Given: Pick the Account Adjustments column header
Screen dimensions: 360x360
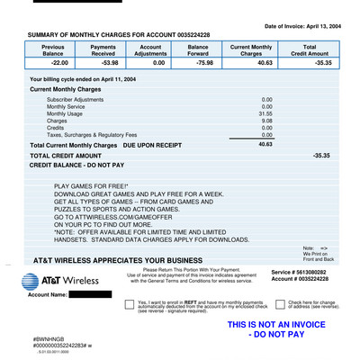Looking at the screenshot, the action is [x=150, y=49].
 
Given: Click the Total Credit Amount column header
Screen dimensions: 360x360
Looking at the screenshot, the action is [x=309, y=49].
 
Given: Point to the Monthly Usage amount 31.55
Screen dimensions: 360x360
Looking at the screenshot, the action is [x=265, y=113].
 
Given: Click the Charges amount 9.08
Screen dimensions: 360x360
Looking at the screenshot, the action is [x=266, y=121].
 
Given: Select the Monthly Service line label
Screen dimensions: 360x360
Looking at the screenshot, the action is [x=66, y=106].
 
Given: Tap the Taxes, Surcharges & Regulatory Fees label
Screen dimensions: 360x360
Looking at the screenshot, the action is [x=93, y=135].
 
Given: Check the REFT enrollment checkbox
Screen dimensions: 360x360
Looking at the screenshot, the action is [x=129, y=305].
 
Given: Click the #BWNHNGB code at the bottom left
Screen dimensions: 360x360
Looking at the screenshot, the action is [x=50, y=338].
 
